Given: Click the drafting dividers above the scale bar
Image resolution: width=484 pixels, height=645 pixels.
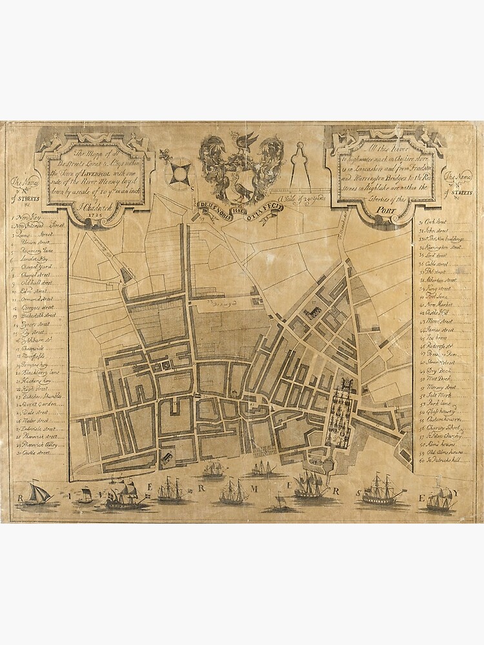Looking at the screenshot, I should click(x=297, y=166).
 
